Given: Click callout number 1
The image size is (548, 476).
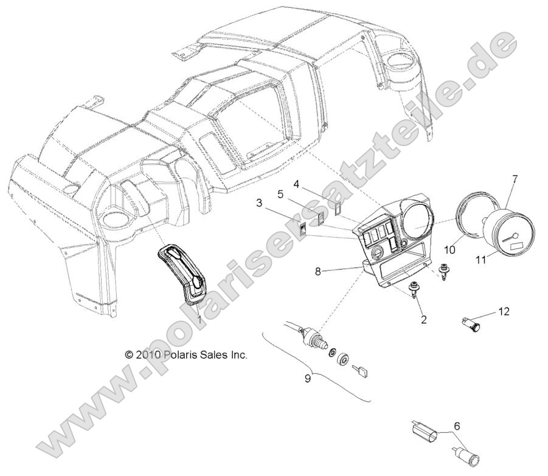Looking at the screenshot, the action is (198, 318).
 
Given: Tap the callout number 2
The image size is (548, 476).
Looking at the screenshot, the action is (424, 318).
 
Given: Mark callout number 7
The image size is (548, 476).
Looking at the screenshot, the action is (515, 180).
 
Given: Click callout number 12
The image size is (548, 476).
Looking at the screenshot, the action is (503, 312).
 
